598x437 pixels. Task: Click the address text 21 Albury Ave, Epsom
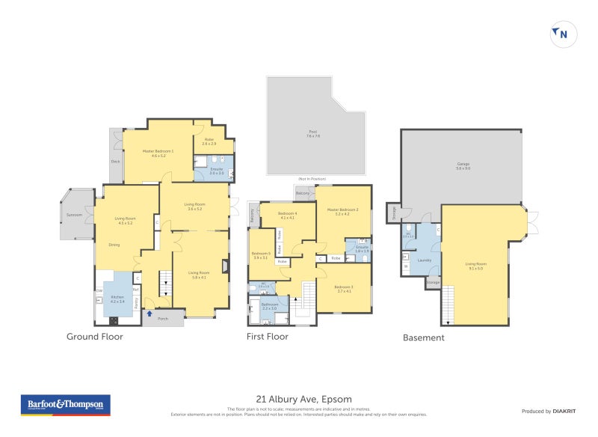(x=298, y=399)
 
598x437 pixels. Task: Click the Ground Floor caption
(x=93, y=337)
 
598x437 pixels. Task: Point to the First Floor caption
(x=267, y=337)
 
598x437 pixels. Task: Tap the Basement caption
(x=423, y=337)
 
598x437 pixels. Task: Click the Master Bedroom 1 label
(x=158, y=152)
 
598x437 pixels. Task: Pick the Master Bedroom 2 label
(x=342, y=210)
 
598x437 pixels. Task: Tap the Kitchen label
(x=118, y=297)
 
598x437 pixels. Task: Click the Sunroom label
(x=74, y=214)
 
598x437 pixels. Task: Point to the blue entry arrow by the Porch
(x=149, y=314)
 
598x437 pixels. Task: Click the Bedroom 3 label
(x=344, y=288)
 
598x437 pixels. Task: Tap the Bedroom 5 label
(x=259, y=254)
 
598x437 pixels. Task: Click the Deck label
(x=116, y=160)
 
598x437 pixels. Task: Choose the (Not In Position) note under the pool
(x=312, y=180)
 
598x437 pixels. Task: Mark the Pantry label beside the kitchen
(x=136, y=303)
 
